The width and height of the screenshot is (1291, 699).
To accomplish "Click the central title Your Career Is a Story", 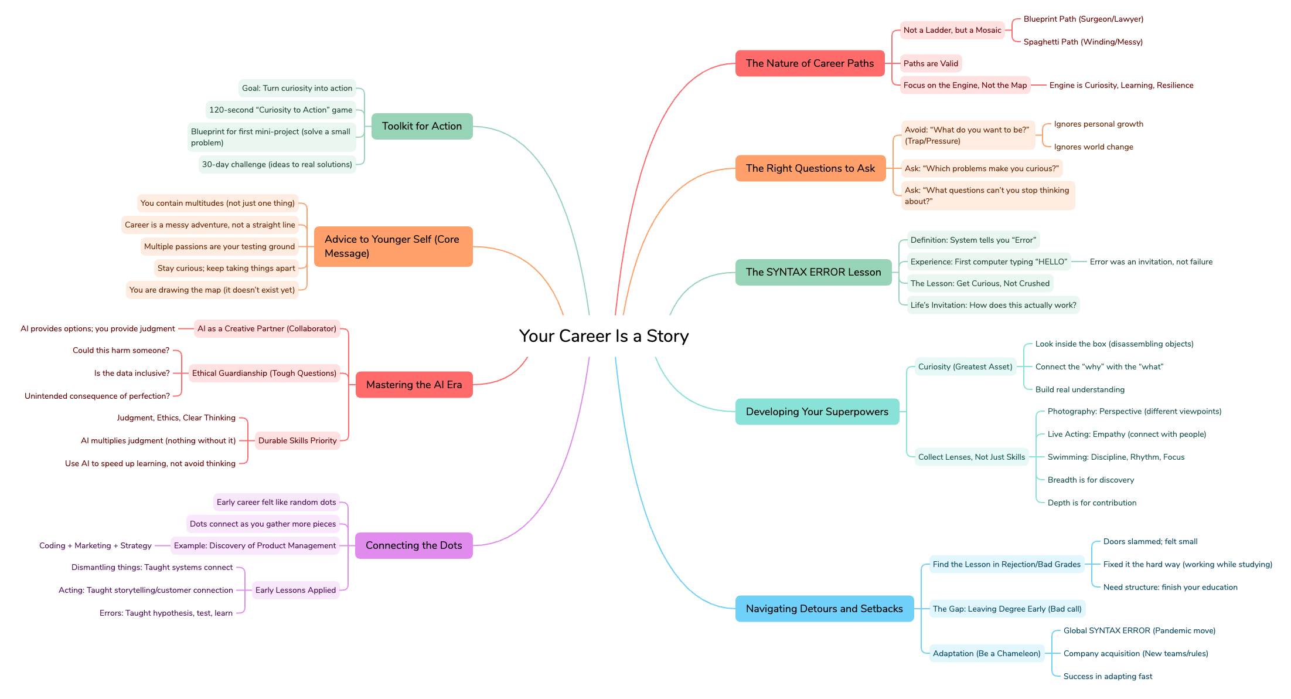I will (604, 336).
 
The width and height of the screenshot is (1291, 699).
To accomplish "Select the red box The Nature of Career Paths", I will (809, 63).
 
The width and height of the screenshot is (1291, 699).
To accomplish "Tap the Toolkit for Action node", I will (421, 126).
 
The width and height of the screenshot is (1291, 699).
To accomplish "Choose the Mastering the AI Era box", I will (414, 385).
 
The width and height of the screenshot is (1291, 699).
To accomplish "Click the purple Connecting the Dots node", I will (414, 545).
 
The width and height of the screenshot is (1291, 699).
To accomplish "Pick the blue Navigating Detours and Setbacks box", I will (824, 609).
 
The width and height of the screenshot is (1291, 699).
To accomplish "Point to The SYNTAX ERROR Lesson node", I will (813, 272).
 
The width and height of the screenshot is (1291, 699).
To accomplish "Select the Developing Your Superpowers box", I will (817, 412).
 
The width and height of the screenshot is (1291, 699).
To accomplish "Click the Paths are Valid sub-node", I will (931, 63).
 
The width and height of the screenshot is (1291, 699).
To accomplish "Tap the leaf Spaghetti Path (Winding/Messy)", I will (1083, 42).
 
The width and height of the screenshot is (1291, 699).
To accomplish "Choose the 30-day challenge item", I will (277, 164).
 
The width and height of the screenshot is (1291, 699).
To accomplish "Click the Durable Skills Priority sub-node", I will (297, 440).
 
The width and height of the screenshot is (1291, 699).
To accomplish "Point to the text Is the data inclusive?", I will (132, 373).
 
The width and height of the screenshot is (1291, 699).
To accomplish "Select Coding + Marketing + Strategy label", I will (96, 545).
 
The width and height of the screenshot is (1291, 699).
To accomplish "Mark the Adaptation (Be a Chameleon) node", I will (986, 653).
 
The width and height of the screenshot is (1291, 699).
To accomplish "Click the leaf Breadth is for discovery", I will (1091, 480).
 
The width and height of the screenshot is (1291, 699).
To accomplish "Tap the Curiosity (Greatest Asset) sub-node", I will (965, 367).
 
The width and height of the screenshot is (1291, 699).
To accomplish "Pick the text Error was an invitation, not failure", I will (1151, 262).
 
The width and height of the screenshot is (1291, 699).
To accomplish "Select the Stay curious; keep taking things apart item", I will (226, 268).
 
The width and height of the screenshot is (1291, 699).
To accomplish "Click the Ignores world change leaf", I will (1094, 147).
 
